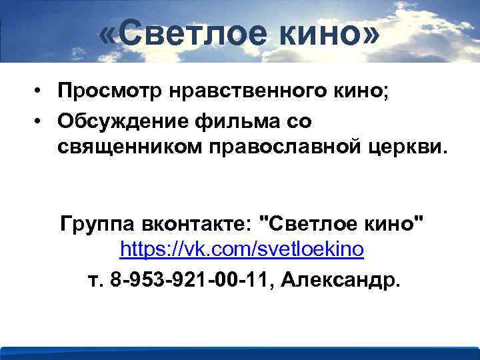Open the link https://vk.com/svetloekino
242,250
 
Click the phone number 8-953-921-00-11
191,279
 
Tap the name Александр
341,279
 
